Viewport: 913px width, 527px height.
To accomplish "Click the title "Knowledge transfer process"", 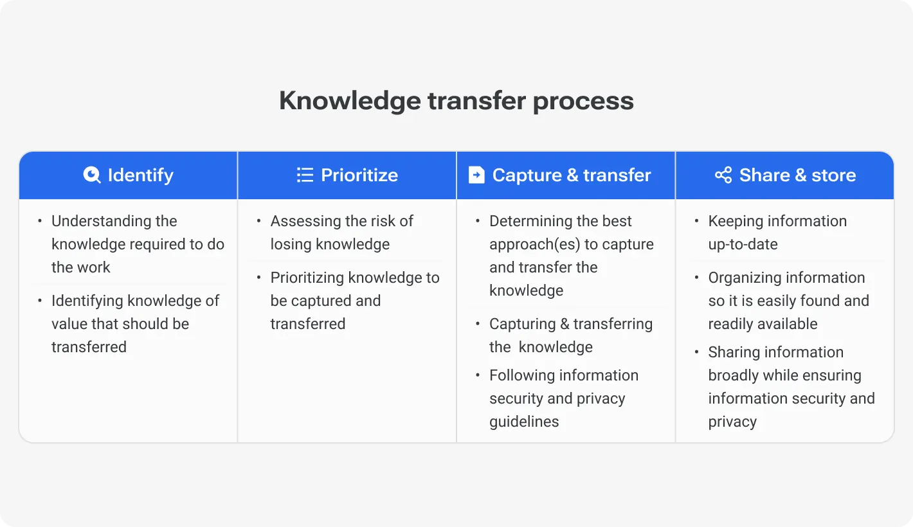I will (x=456, y=101).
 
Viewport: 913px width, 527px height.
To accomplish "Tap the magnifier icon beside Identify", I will (x=92, y=175).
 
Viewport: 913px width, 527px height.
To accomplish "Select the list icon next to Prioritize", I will (x=305, y=175).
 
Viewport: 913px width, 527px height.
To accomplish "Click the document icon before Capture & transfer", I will (x=476, y=175).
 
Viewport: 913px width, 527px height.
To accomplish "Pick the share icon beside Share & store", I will (x=723, y=175).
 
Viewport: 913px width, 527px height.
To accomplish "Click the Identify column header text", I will (x=140, y=175).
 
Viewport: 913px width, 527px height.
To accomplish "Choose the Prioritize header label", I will (x=359, y=175).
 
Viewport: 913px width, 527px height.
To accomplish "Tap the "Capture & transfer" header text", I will (x=572, y=175).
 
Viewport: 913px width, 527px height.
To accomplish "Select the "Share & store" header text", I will (x=797, y=175).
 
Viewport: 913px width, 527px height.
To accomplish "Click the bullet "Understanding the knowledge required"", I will (x=138, y=244).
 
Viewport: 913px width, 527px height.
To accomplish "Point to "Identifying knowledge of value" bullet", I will (x=135, y=324).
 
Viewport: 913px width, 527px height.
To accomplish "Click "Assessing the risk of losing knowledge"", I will (x=341, y=233).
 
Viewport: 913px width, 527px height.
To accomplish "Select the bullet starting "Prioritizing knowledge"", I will (x=354, y=301).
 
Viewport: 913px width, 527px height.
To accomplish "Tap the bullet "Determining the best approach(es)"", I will (x=571, y=256).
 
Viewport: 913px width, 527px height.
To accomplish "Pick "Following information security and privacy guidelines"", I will (x=563, y=398).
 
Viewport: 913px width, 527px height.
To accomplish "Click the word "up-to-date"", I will (x=743, y=244).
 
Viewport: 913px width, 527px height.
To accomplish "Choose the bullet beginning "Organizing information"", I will (x=788, y=301).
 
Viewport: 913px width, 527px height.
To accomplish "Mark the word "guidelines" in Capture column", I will (x=524, y=422).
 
